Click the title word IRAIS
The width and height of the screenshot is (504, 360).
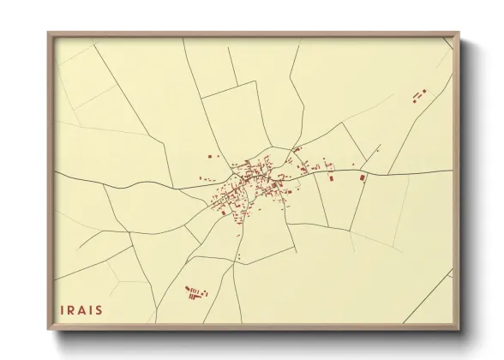click(x=82, y=309)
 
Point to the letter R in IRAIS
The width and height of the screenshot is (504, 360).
click(x=72, y=309)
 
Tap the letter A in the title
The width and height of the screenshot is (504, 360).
click(x=83, y=309)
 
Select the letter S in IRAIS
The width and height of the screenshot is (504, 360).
click(x=99, y=309)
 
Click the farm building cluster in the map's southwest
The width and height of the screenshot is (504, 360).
click(x=196, y=293)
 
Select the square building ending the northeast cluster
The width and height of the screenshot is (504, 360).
click(x=423, y=90)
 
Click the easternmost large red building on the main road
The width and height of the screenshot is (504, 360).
click(x=363, y=177)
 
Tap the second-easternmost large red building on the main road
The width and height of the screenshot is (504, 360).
click(x=331, y=177)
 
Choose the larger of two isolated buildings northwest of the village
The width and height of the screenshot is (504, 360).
click(x=208, y=157)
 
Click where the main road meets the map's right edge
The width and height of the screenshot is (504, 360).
click(x=452, y=171)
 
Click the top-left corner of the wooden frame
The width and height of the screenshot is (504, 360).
click(x=48, y=33)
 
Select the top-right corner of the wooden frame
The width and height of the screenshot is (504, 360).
click(x=459, y=33)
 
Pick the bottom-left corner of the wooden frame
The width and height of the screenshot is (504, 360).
click(x=48, y=330)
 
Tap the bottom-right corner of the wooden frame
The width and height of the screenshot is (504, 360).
click(x=459, y=330)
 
